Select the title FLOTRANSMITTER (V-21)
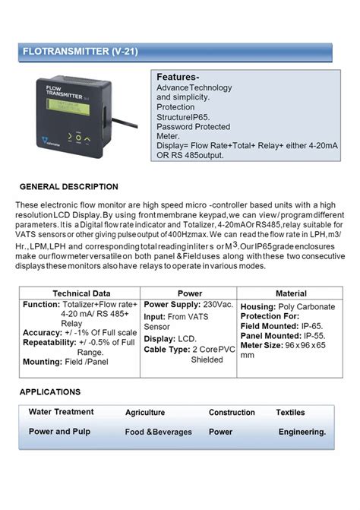[80, 52]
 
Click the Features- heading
[178, 78]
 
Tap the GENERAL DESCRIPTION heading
[68, 186]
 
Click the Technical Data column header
[81, 293]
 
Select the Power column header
[189, 293]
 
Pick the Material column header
[291, 293]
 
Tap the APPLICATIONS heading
[50, 392]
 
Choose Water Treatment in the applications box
[62, 412]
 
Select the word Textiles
[290, 413]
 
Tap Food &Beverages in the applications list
[159, 432]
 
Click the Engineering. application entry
[302, 432]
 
